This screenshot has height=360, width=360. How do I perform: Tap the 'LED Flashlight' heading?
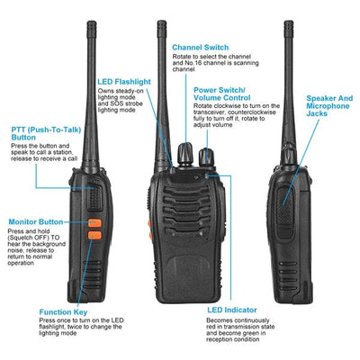[124, 82]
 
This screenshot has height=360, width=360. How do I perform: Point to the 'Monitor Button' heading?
[36, 221]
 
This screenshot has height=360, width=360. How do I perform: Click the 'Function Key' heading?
[63, 312]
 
